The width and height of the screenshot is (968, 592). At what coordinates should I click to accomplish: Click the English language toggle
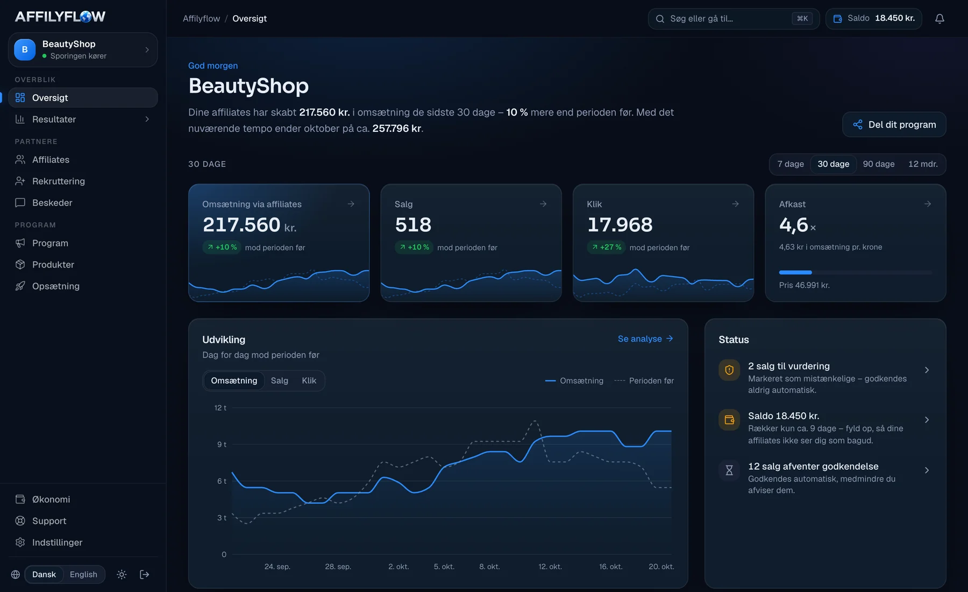83,574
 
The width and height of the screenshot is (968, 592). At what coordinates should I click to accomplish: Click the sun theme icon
122,574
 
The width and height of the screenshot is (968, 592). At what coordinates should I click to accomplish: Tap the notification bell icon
939,19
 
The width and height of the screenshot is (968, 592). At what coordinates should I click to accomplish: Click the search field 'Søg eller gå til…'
734,19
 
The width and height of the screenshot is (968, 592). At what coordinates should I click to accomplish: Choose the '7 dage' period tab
791,164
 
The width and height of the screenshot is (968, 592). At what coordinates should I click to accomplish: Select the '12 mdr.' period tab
923,164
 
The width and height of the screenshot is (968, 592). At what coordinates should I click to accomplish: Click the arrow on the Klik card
735,204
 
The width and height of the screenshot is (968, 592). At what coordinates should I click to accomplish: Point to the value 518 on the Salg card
413,225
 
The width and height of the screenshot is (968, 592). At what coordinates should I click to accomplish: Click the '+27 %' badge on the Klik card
606,247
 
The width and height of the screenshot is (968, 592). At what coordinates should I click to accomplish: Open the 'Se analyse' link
645,339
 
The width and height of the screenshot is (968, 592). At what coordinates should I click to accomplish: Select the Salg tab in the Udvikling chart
280,380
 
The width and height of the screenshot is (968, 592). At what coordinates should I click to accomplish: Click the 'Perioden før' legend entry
644,380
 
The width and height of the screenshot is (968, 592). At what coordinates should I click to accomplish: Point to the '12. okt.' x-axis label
550,567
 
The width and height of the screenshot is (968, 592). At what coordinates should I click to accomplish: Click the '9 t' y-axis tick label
222,445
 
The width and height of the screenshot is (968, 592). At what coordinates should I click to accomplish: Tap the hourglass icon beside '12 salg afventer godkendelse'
729,470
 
